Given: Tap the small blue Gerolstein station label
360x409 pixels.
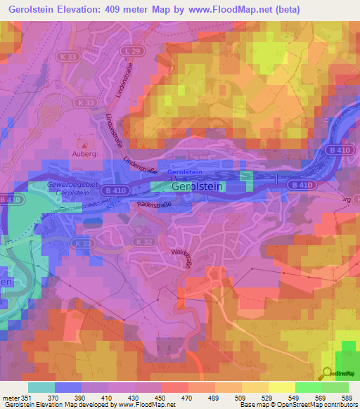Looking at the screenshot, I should (186, 171).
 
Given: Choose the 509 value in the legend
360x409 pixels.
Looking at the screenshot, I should (240, 398).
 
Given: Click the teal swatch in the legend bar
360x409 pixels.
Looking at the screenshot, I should (41, 387).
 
